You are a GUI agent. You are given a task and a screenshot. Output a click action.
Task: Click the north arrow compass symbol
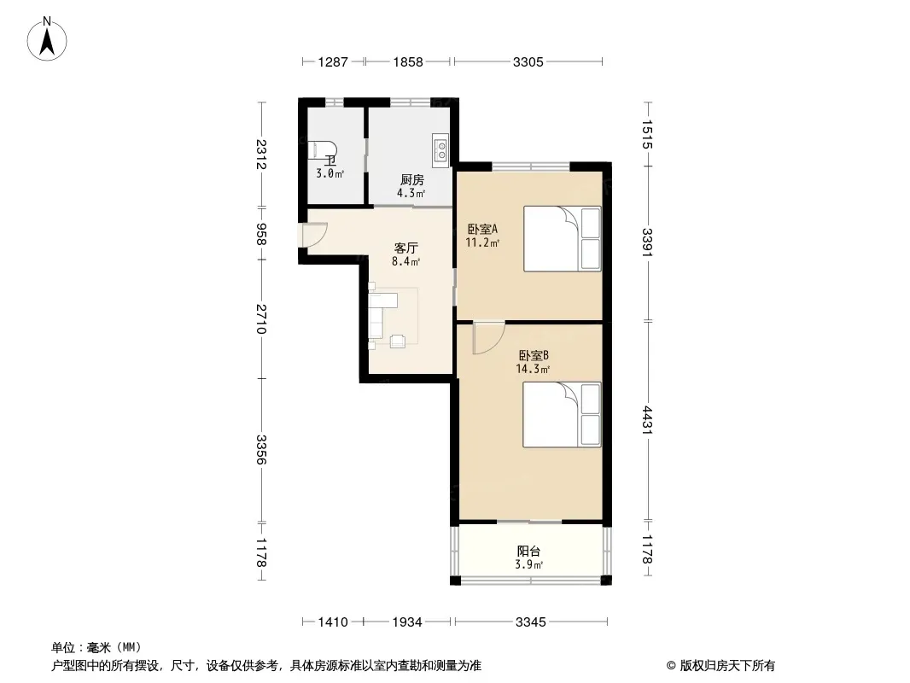point(47,39)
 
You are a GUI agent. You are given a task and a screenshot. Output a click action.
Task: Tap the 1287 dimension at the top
point(333,61)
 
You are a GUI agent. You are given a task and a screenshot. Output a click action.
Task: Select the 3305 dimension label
point(528,61)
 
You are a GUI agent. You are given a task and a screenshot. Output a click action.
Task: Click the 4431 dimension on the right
point(648,420)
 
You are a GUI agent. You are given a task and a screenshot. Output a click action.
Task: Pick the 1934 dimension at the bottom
point(407,622)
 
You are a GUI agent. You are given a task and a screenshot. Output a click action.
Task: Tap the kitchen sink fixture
point(440,148)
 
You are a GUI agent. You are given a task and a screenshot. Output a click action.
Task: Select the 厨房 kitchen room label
point(411,180)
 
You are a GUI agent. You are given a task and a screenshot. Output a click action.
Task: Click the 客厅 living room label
point(405,248)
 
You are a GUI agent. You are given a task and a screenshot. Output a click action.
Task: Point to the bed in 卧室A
point(562,238)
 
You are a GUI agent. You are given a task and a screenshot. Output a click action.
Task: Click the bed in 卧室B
point(562,414)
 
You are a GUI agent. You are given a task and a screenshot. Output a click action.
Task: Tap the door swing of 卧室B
point(487,338)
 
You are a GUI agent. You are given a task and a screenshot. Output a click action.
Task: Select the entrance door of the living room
point(314,237)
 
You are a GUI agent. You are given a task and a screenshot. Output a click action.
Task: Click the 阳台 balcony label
point(528,552)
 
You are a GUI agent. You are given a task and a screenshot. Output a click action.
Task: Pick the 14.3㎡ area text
point(533,369)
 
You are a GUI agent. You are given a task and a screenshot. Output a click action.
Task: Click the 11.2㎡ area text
point(482,242)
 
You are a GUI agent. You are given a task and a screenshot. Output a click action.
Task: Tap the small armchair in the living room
point(398,341)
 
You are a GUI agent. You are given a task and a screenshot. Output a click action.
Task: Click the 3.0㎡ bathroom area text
point(330,173)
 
